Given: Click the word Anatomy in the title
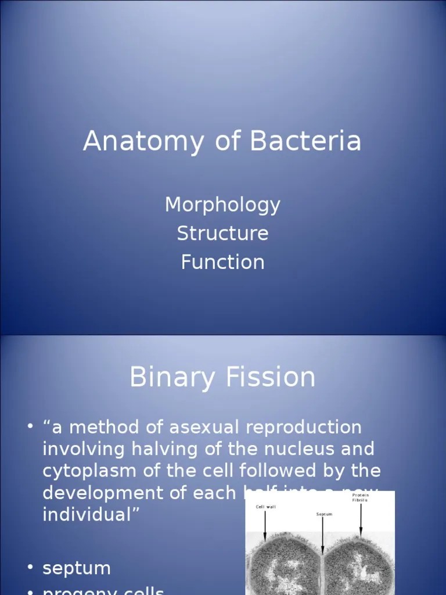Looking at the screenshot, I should tap(143, 141).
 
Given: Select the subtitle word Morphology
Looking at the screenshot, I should tap(222, 205).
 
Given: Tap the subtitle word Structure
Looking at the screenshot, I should tap(222, 233).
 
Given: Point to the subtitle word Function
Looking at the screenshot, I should tap(222, 261).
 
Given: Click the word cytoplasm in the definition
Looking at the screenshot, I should tap(87, 471).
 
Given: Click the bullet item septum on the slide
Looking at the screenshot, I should tap(76, 568).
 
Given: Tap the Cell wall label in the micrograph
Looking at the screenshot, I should tap(266, 507).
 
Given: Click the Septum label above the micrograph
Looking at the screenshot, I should tap(324, 514).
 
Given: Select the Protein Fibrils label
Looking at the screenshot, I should tap(360, 497).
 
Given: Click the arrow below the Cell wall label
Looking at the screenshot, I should tap(265, 525).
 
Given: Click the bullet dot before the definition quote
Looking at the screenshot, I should tap(30, 428).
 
